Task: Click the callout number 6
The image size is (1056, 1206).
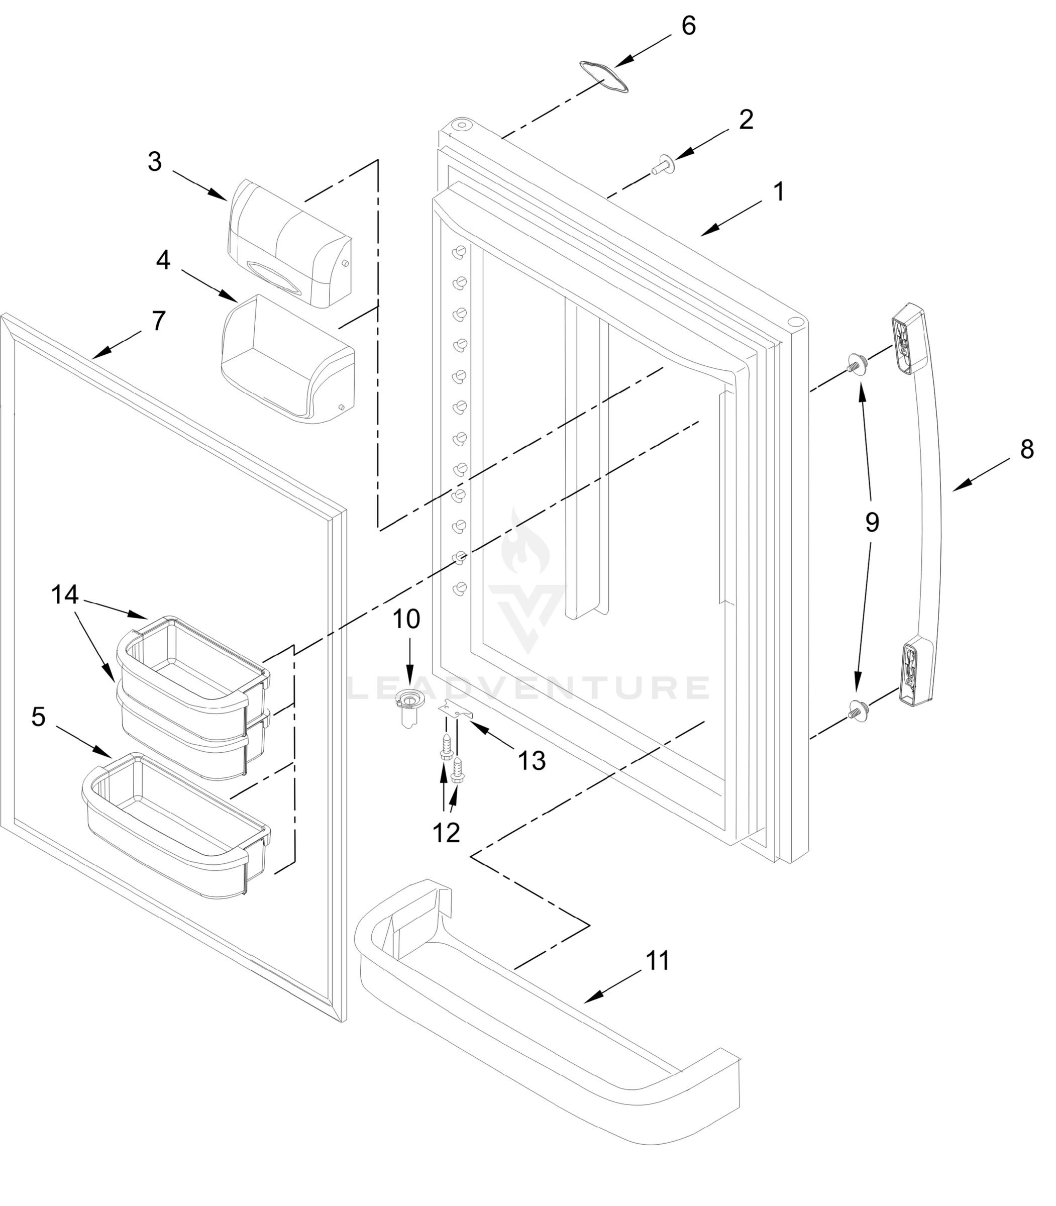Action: pos(688,26)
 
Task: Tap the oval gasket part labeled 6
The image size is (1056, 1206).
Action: pos(604,76)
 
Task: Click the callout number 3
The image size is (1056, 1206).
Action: pos(154,161)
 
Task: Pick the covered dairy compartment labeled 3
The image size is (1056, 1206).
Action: pos(290,244)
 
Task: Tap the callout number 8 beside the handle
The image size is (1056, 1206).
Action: pos(1026,449)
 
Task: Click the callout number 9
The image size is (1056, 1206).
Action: pos(872,522)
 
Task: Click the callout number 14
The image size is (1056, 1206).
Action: pos(65,595)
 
